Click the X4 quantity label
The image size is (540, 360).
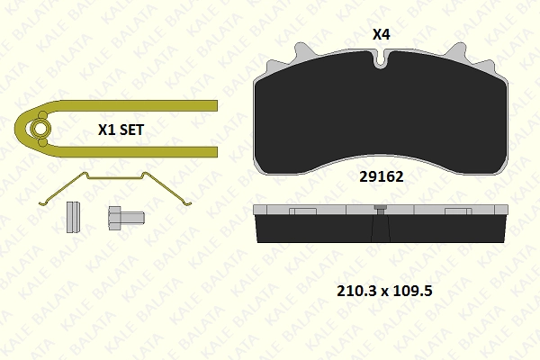382,34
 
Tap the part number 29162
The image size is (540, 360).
382,176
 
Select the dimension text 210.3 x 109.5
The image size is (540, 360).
384,291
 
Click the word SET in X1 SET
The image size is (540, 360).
131,130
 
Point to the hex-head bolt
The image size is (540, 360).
126,218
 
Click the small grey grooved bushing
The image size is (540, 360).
73,217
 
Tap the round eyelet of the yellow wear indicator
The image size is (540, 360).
40,129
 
